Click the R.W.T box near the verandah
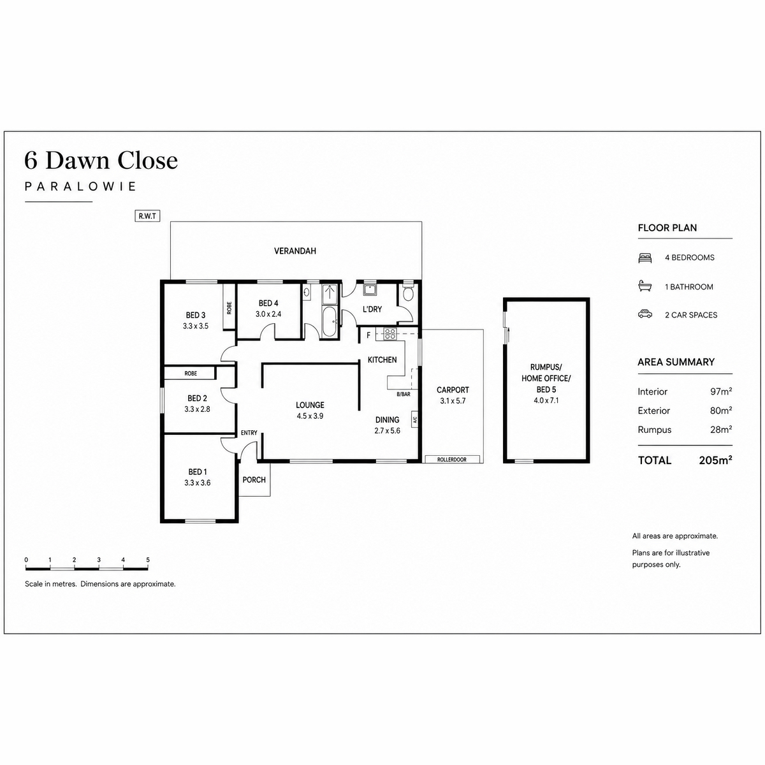[x=147, y=216]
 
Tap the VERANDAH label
[x=295, y=251]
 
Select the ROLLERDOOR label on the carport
[x=452, y=459]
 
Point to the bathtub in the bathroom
[x=330, y=321]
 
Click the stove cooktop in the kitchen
[x=390, y=333]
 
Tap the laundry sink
[x=370, y=290]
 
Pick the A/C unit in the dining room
[x=415, y=419]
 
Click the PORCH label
[x=254, y=479]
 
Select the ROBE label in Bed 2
[x=191, y=373]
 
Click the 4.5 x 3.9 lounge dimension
[x=310, y=416]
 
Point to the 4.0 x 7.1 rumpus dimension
[x=546, y=400]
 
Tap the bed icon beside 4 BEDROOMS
[x=645, y=258]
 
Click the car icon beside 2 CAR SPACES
[x=645, y=314]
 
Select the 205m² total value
[x=715, y=460]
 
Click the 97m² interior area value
[x=721, y=391]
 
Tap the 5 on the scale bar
[x=148, y=560]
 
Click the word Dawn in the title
[x=77, y=161]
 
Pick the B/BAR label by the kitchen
[x=404, y=394]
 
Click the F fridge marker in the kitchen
[x=368, y=335]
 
